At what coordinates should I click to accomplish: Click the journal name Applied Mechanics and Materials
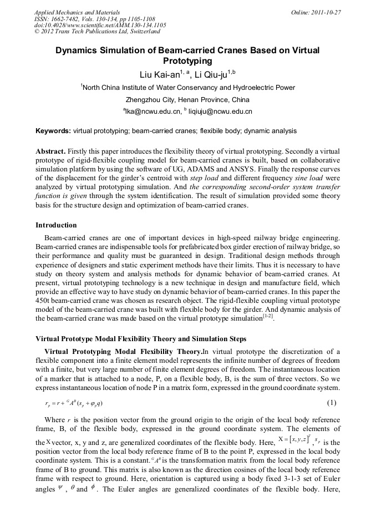77,12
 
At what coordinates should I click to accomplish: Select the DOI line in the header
100,25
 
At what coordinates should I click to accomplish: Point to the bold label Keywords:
53,131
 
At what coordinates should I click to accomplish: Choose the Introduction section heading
56,225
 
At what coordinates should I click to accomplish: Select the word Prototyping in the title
187,60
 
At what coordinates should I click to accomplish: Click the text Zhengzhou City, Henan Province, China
187,100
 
